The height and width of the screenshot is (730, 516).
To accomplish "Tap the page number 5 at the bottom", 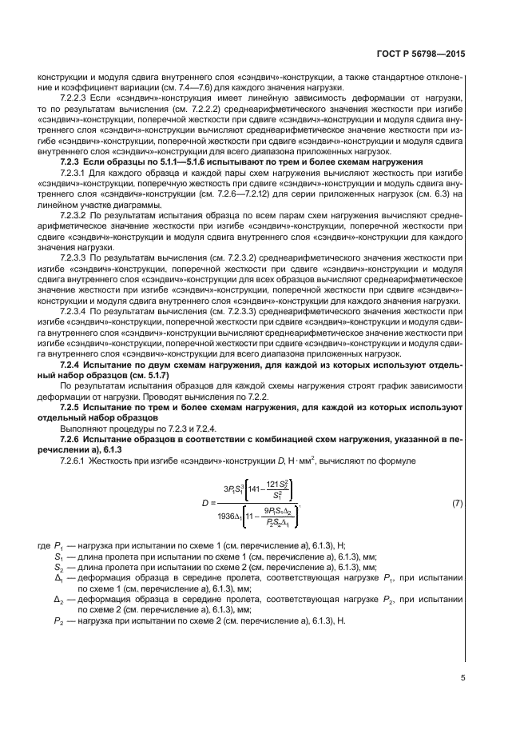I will (x=462, y=677).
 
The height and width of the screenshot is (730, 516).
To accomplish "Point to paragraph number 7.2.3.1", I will (x=76, y=172).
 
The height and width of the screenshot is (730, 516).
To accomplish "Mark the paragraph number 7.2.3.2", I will (x=76, y=215).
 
